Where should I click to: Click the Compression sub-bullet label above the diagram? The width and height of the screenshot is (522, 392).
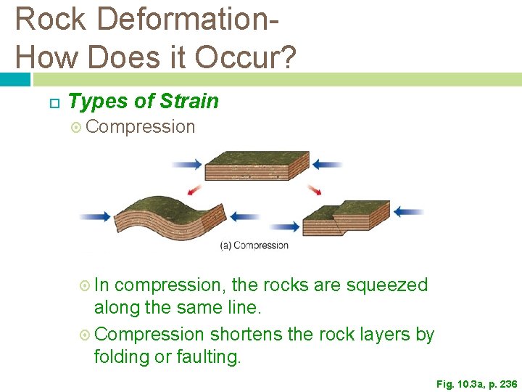pyautogui.click(x=140, y=126)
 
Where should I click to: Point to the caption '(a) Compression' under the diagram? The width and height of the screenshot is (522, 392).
pyautogui.click(x=254, y=245)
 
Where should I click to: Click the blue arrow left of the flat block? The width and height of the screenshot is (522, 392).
pyautogui.click(x=187, y=165)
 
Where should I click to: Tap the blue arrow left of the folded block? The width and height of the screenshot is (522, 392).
pyautogui.click(x=95, y=216)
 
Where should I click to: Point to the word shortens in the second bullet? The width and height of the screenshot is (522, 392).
pyautogui.click(x=244, y=335)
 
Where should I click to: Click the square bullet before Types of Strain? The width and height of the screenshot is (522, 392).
pyautogui.click(x=53, y=102)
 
